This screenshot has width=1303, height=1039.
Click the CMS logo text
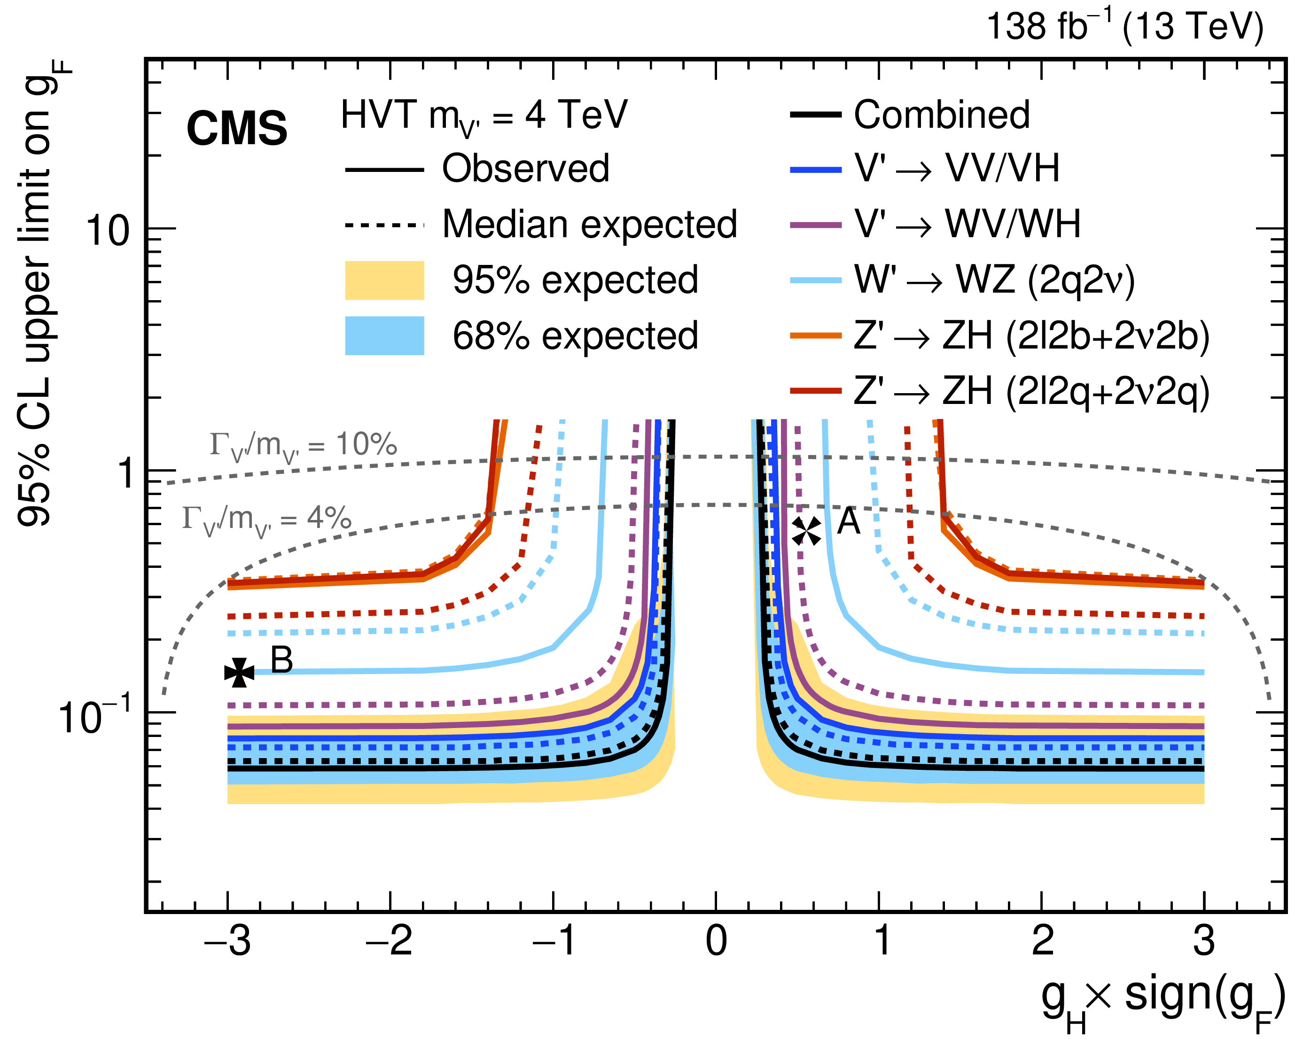[236, 128]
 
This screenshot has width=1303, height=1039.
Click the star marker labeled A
[806, 531]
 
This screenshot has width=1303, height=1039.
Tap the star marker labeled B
[239, 672]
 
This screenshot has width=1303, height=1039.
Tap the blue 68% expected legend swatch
[384, 336]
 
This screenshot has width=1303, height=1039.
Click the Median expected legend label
[589, 224]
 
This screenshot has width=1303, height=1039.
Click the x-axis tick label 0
[716, 941]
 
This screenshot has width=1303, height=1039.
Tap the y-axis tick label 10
[108, 230]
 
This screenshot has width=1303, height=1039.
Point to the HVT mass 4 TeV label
[484, 116]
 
